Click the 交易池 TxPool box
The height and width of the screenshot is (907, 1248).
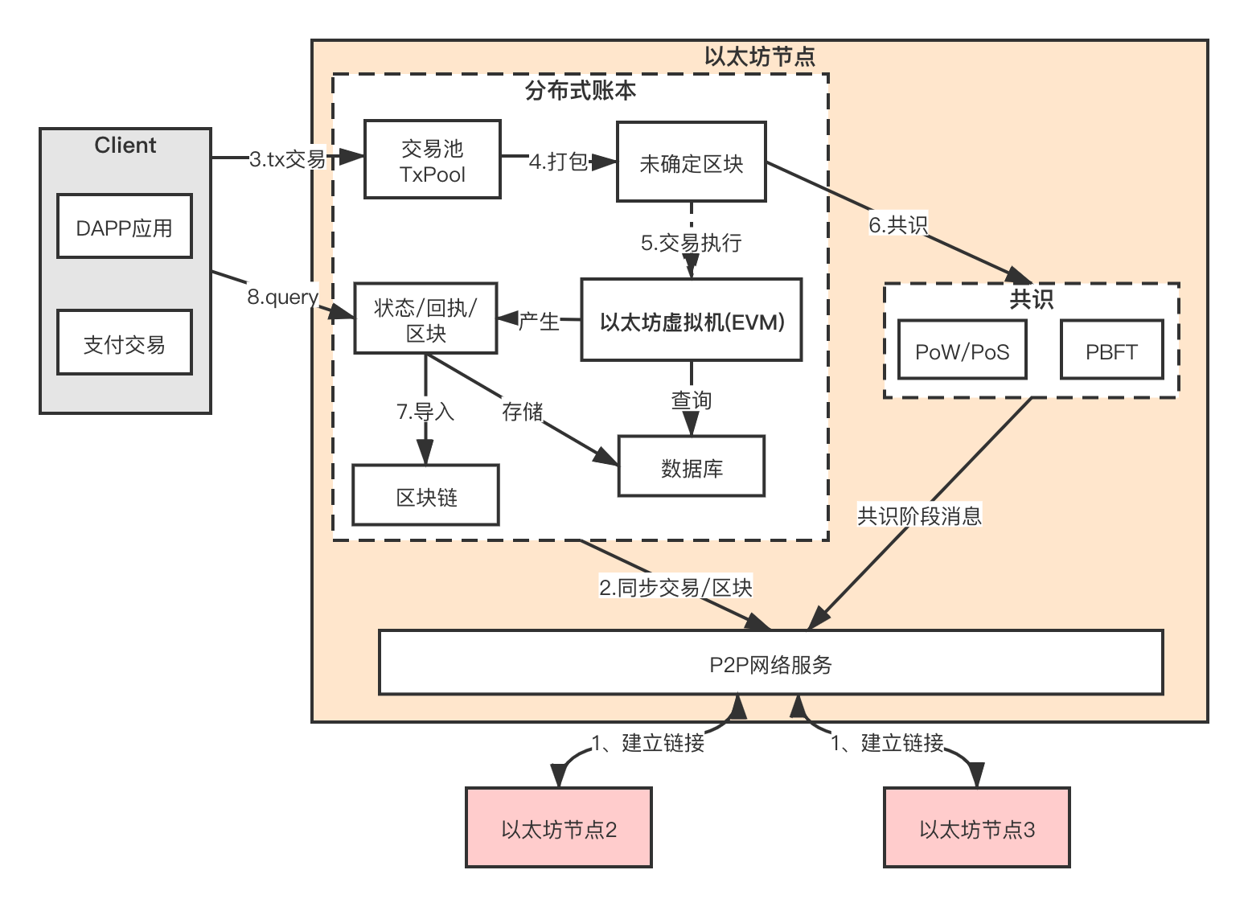[433, 160]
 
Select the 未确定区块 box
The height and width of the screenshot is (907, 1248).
[691, 162]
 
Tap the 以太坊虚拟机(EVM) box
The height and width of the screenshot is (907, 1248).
[692, 320]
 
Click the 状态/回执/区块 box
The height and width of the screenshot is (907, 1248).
[425, 318]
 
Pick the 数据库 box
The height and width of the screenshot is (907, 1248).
[691, 467]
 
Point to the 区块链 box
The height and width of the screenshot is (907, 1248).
[425, 496]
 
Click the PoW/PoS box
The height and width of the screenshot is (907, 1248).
[962, 351]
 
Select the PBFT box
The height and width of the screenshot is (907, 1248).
[1111, 351]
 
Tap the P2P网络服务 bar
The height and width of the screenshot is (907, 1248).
[770, 663]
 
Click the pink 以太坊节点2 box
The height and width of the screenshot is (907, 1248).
[558, 828]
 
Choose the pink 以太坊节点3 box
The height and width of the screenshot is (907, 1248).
[976, 828]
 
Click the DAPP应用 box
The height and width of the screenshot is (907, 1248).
[125, 227]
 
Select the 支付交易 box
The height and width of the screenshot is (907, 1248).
[125, 344]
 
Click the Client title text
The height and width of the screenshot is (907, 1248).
[125, 146]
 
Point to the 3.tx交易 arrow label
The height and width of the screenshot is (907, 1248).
[287, 159]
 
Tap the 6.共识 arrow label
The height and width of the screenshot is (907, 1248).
[898, 224]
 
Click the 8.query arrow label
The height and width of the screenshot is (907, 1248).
[282, 297]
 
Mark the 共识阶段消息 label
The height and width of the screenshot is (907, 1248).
[919, 515]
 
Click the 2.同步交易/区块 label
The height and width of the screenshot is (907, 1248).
[675, 588]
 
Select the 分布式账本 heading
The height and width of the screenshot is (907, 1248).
[581, 90]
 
